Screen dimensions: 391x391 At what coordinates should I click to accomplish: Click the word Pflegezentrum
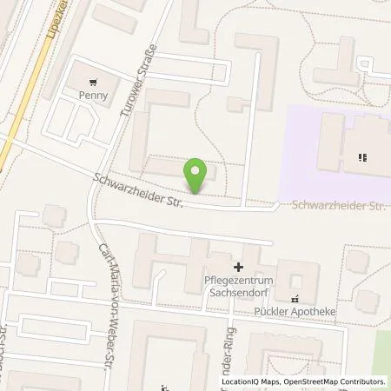point(235,282)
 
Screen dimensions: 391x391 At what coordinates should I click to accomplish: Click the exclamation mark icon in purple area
point(361,157)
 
